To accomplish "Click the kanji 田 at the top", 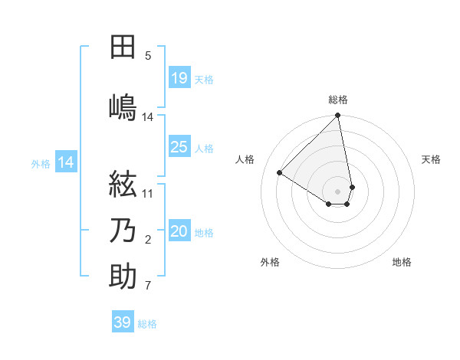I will coord(123,47).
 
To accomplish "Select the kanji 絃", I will coord(123,185).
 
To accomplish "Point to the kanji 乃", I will coord(123,231).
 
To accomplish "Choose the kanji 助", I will coord(123,277).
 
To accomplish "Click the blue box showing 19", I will coord(179,78).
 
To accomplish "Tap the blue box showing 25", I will coord(179,147).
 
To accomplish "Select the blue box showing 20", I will coord(179,231).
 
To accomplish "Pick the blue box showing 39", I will coord(123,322).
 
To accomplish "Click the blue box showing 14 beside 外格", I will coord(66,162).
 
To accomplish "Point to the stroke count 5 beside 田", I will coord(148,55).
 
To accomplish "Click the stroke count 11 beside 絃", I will coord(148,193).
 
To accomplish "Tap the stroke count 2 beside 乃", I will coord(148,241).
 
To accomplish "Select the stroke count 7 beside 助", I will coord(148,286).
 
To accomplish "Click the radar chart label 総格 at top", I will coord(338,100).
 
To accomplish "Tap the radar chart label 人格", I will coord(245,159).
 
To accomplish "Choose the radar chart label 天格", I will coord(431,159).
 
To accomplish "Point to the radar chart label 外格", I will coord(270,262).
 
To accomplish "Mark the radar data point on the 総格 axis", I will coord(338,116).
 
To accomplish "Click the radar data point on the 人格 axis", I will coord(280,173).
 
